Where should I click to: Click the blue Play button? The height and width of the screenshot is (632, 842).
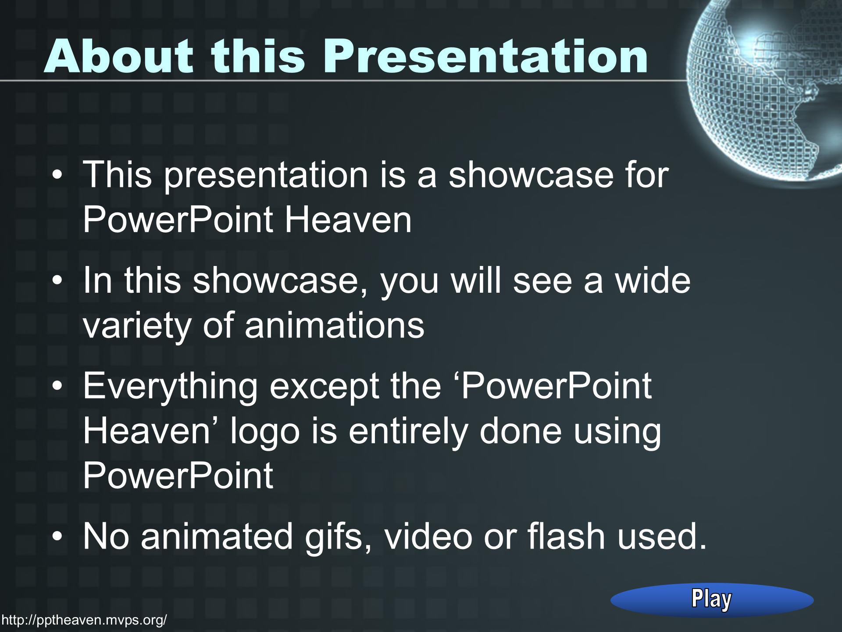(712, 600)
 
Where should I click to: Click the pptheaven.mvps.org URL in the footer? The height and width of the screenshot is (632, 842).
(84, 620)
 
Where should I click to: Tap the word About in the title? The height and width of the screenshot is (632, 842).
(118, 56)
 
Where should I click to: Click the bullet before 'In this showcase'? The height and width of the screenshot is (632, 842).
(57, 281)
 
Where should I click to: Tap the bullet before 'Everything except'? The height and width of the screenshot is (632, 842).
(57, 387)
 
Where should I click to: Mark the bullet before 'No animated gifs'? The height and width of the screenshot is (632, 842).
(57, 537)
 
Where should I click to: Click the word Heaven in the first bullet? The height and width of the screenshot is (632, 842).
(348, 219)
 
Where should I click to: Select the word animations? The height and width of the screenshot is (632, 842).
(335, 325)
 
